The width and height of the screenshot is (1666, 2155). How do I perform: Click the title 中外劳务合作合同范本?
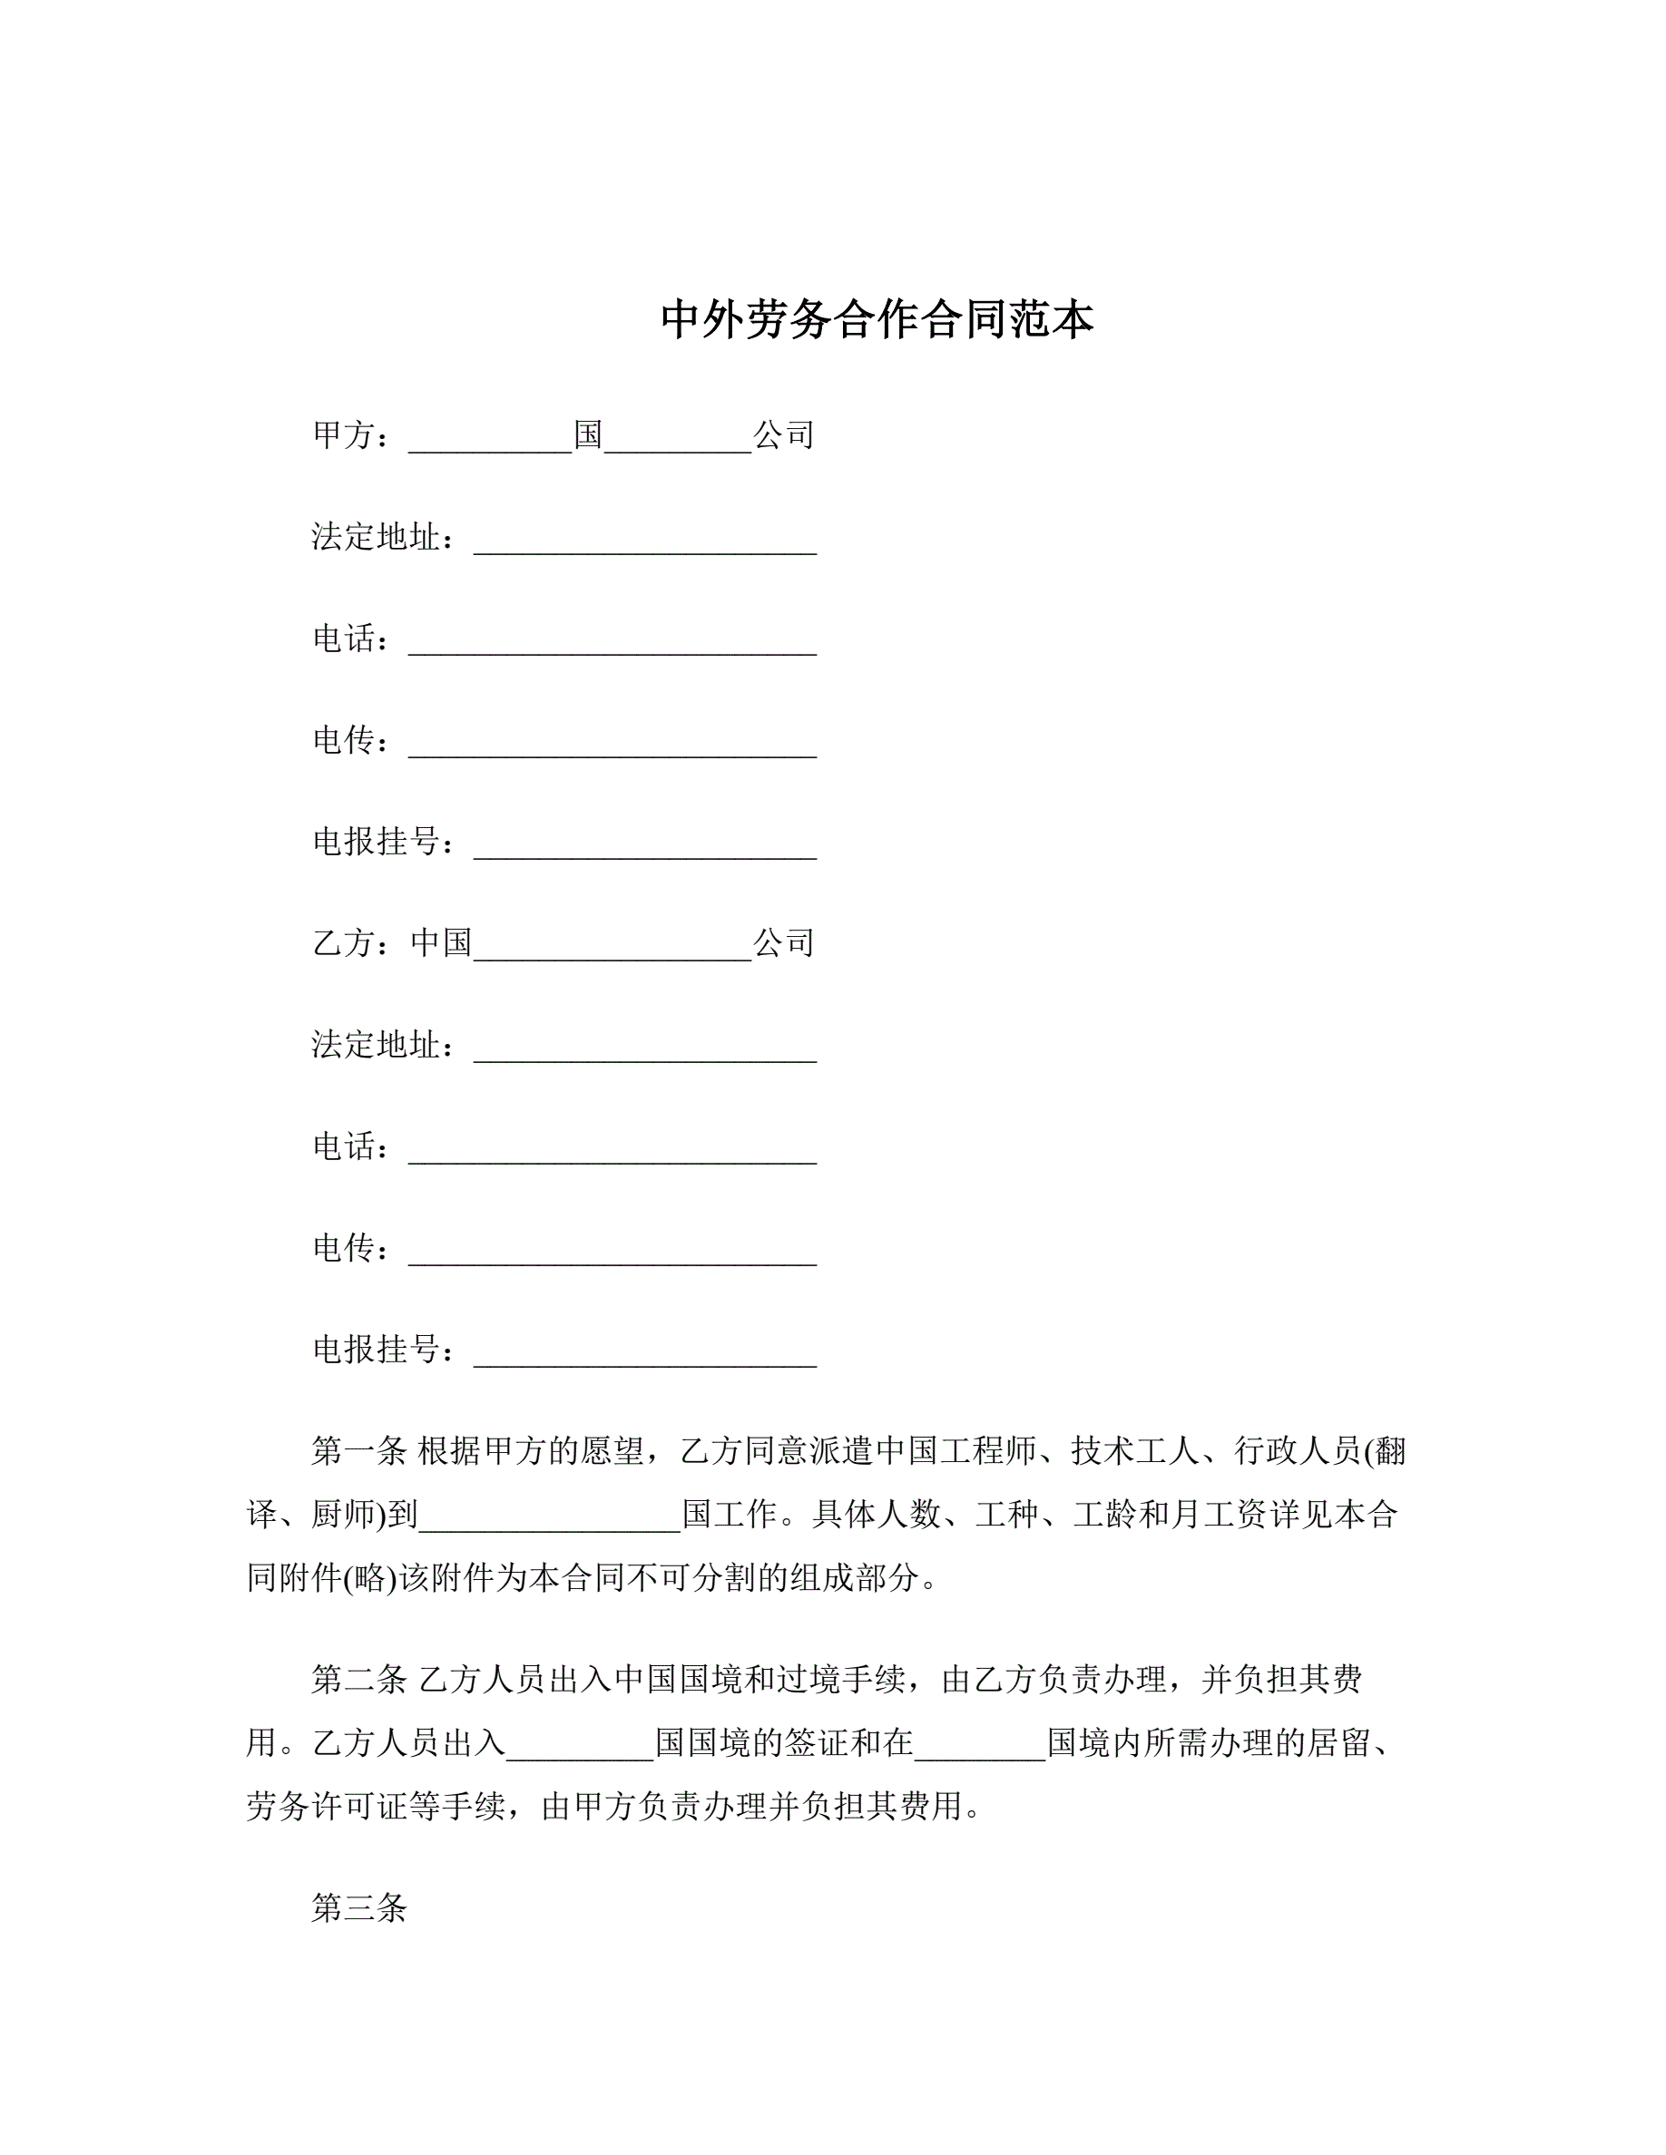(x=877, y=319)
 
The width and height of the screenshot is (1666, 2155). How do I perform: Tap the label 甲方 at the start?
(x=342, y=435)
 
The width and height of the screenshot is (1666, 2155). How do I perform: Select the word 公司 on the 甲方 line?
(x=784, y=435)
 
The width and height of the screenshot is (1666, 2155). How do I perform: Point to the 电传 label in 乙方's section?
(x=342, y=1248)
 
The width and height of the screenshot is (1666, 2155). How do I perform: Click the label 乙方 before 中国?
(x=342, y=943)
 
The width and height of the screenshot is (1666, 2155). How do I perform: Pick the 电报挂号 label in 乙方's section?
(x=375, y=1349)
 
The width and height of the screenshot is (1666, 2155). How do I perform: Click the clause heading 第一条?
(x=358, y=1450)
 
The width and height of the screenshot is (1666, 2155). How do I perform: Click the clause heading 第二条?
(x=358, y=1679)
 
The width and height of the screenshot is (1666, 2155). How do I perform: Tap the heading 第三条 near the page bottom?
(x=358, y=1908)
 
